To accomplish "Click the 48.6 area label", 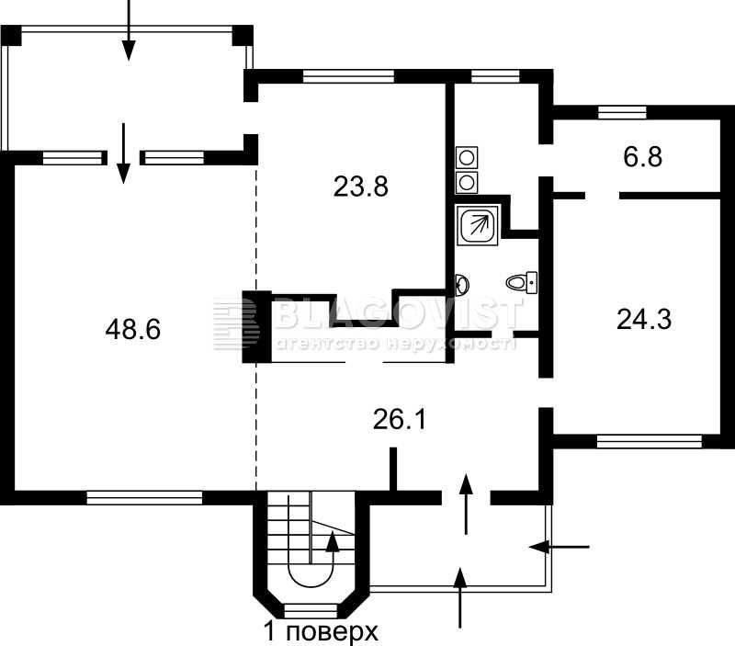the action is (x=133, y=329).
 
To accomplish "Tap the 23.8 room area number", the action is (x=360, y=187).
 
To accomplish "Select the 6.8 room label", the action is (x=642, y=156).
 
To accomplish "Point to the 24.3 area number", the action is (x=644, y=319).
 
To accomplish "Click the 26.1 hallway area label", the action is (x=400, y=420).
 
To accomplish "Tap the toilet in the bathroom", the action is (x=522, y=282).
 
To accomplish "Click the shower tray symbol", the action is (x=478, y=225).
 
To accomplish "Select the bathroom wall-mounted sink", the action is (x=461, y=284).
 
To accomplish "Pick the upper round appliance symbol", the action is (x=467, y=157).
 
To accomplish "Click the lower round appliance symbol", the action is (x=467, y=182).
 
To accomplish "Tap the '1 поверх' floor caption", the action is (x=321, y=632).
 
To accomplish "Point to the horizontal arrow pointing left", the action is (x=559, y=547).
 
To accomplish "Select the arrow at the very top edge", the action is (x=129, y=30).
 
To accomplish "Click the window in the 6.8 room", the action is (x=622, y=112).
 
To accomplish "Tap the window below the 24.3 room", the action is (x=650, y=442).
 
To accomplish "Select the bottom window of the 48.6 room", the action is (x=144, y=497).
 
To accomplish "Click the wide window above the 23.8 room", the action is (x=349, y=76).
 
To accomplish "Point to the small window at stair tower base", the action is (x=311, y=611).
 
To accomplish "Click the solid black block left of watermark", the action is (x=256, y=327).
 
